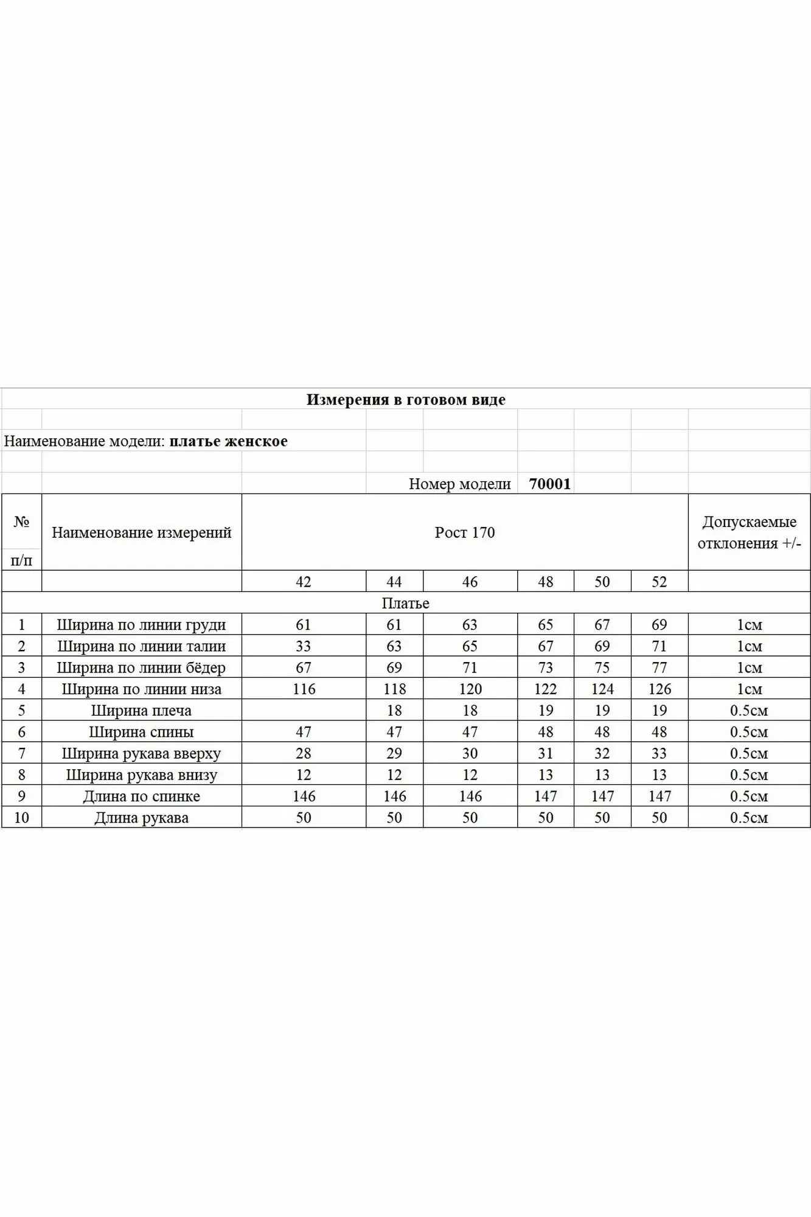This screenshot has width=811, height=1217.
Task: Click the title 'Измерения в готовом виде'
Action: (x=406, y=400)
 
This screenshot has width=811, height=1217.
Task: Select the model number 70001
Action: (x=550, y=484)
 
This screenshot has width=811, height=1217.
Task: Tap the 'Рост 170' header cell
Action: (x=465, y=532)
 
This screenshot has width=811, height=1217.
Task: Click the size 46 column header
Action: (x=470, y=582)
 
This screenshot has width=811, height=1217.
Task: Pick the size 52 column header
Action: (x=660, y=582)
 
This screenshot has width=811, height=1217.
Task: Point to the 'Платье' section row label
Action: (x=406, y=603)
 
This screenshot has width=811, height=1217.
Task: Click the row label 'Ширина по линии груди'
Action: (x=141, y=625)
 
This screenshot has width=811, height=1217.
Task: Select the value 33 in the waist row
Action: (x=303, y=646)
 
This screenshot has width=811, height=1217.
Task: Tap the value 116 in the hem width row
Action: (x=304, y=689)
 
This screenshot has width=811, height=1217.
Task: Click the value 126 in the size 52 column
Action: (x=660, y=689)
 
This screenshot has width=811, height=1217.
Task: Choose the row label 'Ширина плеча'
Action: (x=141, y=711)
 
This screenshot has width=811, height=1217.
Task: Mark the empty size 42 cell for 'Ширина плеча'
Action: (x=304, y=711)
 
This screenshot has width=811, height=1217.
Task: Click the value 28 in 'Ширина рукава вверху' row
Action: (x=303, y=753)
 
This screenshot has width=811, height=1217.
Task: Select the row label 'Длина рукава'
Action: (x=141, y=818)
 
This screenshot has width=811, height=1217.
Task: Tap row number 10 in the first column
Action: (x=21, y=818)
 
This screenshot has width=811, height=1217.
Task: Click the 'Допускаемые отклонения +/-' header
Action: (x=749, y=532)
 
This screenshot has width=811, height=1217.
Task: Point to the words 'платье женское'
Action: (x=228, y=441)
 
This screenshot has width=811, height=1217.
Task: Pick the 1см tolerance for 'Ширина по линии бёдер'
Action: (x=749, y=668)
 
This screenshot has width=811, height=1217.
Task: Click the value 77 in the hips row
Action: (x=660, y=668)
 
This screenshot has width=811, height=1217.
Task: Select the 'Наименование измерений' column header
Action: (x=141, y=532)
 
